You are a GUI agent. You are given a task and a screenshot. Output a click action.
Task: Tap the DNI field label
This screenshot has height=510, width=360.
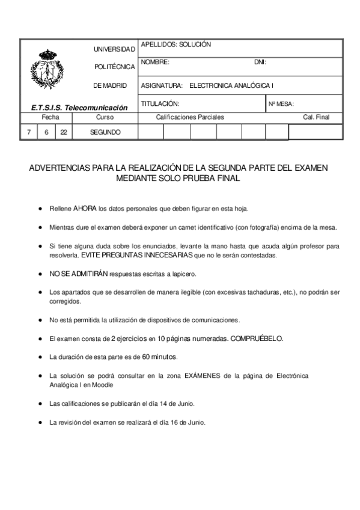pos(260,62)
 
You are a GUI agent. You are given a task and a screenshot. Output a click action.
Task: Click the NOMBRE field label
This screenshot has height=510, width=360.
pos(155,62)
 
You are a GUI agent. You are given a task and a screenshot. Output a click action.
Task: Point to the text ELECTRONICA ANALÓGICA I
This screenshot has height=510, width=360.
pos(231,85)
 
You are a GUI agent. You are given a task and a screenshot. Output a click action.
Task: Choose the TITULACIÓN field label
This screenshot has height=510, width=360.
pos(160,103)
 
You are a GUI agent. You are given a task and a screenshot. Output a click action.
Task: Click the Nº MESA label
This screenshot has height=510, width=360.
pos(281,104)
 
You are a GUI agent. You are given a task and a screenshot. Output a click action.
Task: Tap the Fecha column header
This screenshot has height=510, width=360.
pos(50,117)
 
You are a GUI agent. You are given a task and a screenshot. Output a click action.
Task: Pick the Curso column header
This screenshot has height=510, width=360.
pos(105,117)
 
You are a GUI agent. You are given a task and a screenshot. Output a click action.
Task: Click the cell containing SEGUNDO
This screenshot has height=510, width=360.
pos(105,132)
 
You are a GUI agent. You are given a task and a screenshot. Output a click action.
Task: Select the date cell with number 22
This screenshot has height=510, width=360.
pos(64,132)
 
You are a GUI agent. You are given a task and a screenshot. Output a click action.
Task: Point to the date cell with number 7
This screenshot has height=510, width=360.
pos(28,132)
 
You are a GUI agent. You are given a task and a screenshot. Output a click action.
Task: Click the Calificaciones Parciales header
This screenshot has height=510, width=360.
pos(190,117)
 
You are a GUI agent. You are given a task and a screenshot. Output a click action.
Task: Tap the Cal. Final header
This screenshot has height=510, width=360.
pos(316,117)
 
